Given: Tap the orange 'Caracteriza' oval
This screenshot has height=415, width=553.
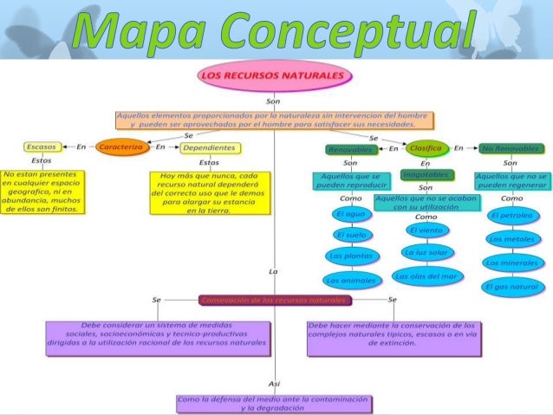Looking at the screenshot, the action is click(x=123, y=147).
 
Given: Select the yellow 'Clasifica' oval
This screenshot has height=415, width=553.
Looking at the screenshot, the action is click(x=425, y=148).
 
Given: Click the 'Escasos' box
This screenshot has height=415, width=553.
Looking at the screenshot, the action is click(x=41, y=147).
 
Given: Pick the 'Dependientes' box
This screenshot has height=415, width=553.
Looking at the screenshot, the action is click(x=209, y=148).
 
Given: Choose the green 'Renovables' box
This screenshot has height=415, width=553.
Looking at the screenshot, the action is click(x=349, y=149).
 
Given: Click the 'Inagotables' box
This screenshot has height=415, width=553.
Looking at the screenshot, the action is click(x=425, y=176).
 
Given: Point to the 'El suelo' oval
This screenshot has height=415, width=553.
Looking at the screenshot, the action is click(x=351, y=235).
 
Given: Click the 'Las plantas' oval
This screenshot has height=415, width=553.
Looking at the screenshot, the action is click(x=351, y=256).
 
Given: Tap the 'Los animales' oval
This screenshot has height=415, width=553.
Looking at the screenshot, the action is click(x=351, y=280).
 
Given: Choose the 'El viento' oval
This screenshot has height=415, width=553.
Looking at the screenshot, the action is click(x=425, y=231).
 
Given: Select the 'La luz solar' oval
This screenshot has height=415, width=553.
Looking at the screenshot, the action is click(x=425, y=252).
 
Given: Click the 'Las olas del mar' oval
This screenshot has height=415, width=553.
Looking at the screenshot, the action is click(x=425, y=276).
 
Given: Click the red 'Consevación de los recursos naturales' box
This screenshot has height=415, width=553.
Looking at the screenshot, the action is click(x=275, y=300).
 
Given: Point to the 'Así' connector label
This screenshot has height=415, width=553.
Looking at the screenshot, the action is click(x=274, y=382).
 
